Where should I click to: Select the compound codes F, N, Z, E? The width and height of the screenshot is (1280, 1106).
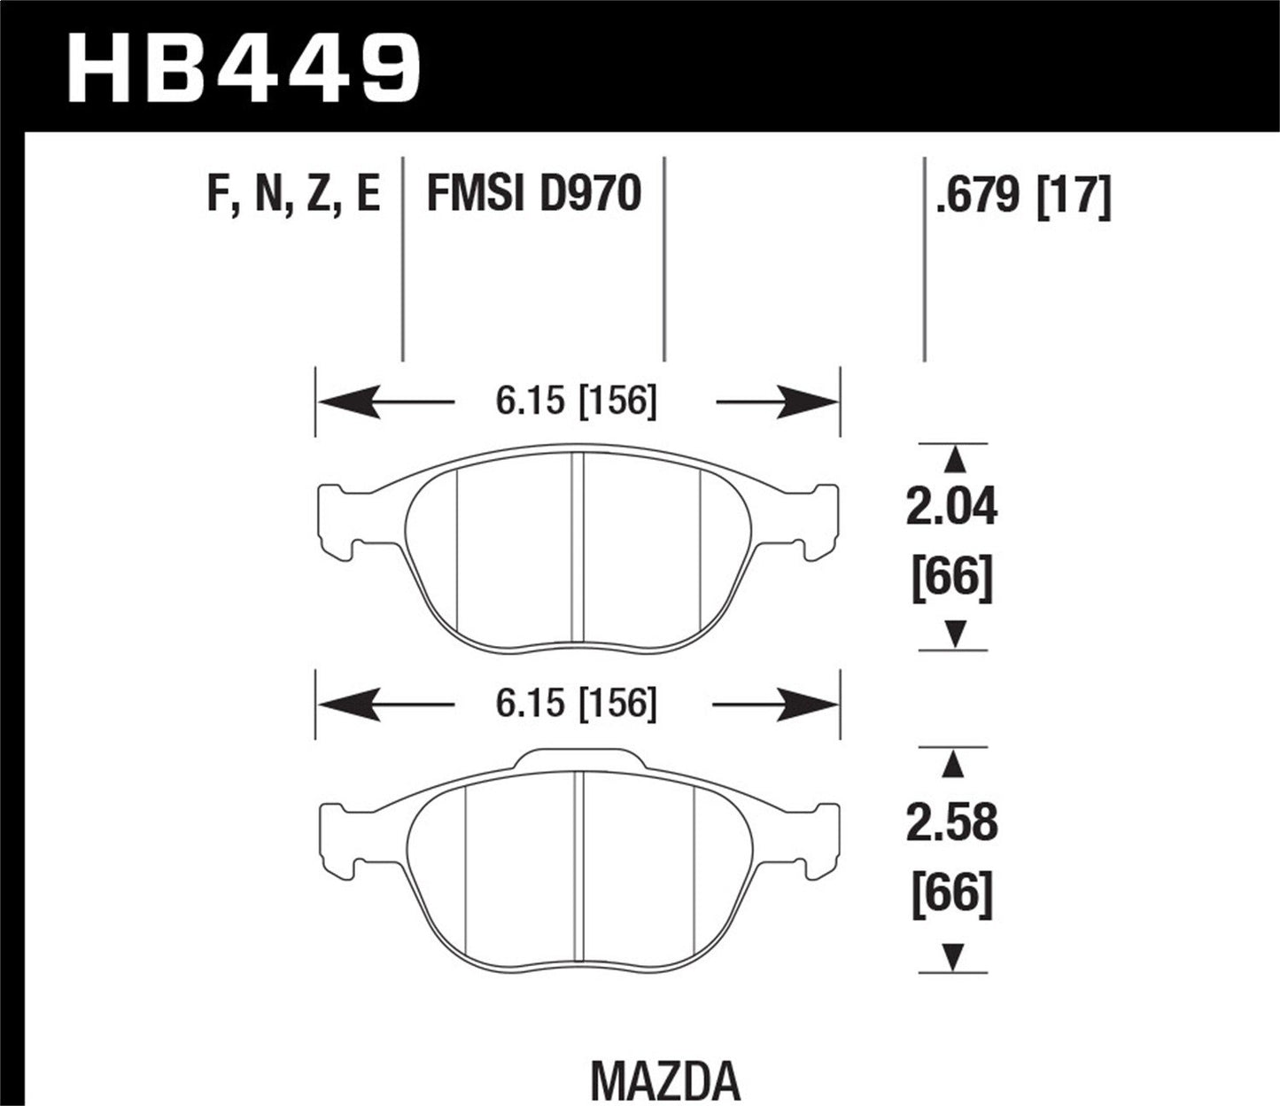click(x=293, y=195)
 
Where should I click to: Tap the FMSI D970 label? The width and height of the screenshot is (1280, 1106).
click(x=533, y=195)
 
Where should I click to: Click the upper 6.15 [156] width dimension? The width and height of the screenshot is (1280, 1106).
click(x=577, y=402)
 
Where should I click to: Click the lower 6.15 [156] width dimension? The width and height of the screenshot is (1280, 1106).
click(x=577, y=705)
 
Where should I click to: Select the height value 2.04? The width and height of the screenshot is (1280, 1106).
click(x=951, y=509)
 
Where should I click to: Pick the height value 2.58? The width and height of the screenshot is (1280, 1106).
click(x=951, y=824)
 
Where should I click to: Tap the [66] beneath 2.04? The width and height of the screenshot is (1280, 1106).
click(x=951, y=580)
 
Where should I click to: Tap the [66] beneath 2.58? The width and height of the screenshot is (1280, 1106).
click(x=951, y=896)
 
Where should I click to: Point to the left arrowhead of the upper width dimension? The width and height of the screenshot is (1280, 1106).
click(x=337, y=403)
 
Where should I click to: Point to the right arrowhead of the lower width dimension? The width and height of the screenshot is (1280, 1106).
click(x=818, y=705)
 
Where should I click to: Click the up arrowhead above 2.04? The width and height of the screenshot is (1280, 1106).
click(x=954, y=458)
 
